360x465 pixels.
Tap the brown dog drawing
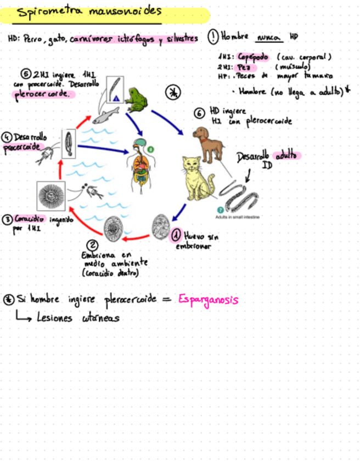pos(209,144)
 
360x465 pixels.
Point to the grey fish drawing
pos(106,116)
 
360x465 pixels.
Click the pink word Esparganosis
pos(209,300)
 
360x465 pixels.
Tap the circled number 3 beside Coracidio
pos(7,219)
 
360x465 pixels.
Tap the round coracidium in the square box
pos(50,196)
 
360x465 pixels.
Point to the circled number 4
pos(7,137)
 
